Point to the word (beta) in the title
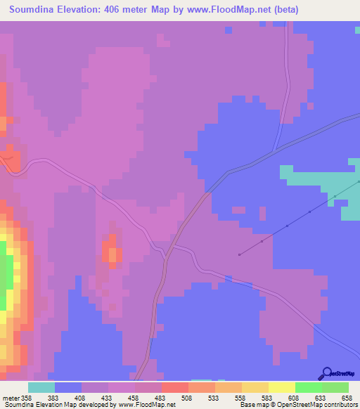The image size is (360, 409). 283,10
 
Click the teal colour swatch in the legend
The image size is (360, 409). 41,387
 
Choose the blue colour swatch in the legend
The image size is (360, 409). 67,387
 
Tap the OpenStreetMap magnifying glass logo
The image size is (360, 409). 326,373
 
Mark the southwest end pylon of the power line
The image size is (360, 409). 240,254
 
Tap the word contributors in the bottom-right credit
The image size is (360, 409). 340,405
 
